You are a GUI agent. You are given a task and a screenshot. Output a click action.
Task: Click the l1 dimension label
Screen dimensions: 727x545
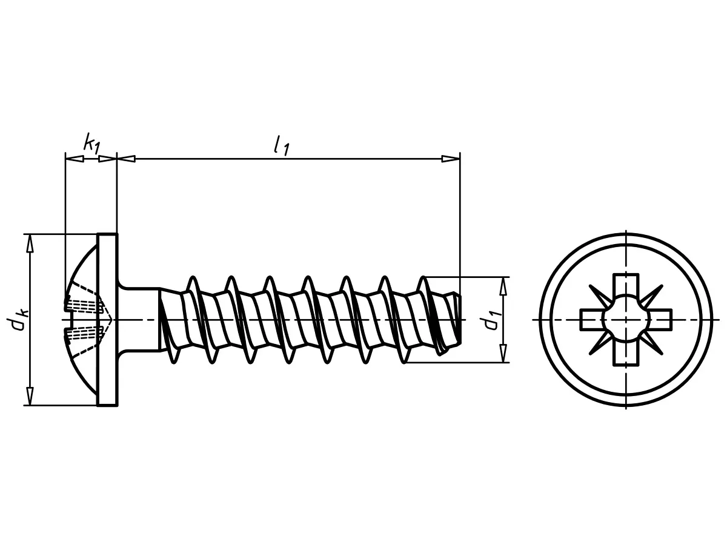tap(282, 145)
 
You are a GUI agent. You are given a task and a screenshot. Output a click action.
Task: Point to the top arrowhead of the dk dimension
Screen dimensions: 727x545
tap(30, 244)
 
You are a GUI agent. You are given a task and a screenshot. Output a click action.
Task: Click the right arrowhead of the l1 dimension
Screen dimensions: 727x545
tap(451, 159)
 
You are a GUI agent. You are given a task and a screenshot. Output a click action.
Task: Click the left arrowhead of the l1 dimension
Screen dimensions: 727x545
tap(126, 159)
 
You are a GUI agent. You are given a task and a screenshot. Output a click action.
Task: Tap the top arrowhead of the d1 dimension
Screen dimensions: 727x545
tap(503, 286)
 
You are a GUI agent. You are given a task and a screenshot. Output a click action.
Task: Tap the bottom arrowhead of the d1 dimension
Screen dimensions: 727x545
tap(503, 354)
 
